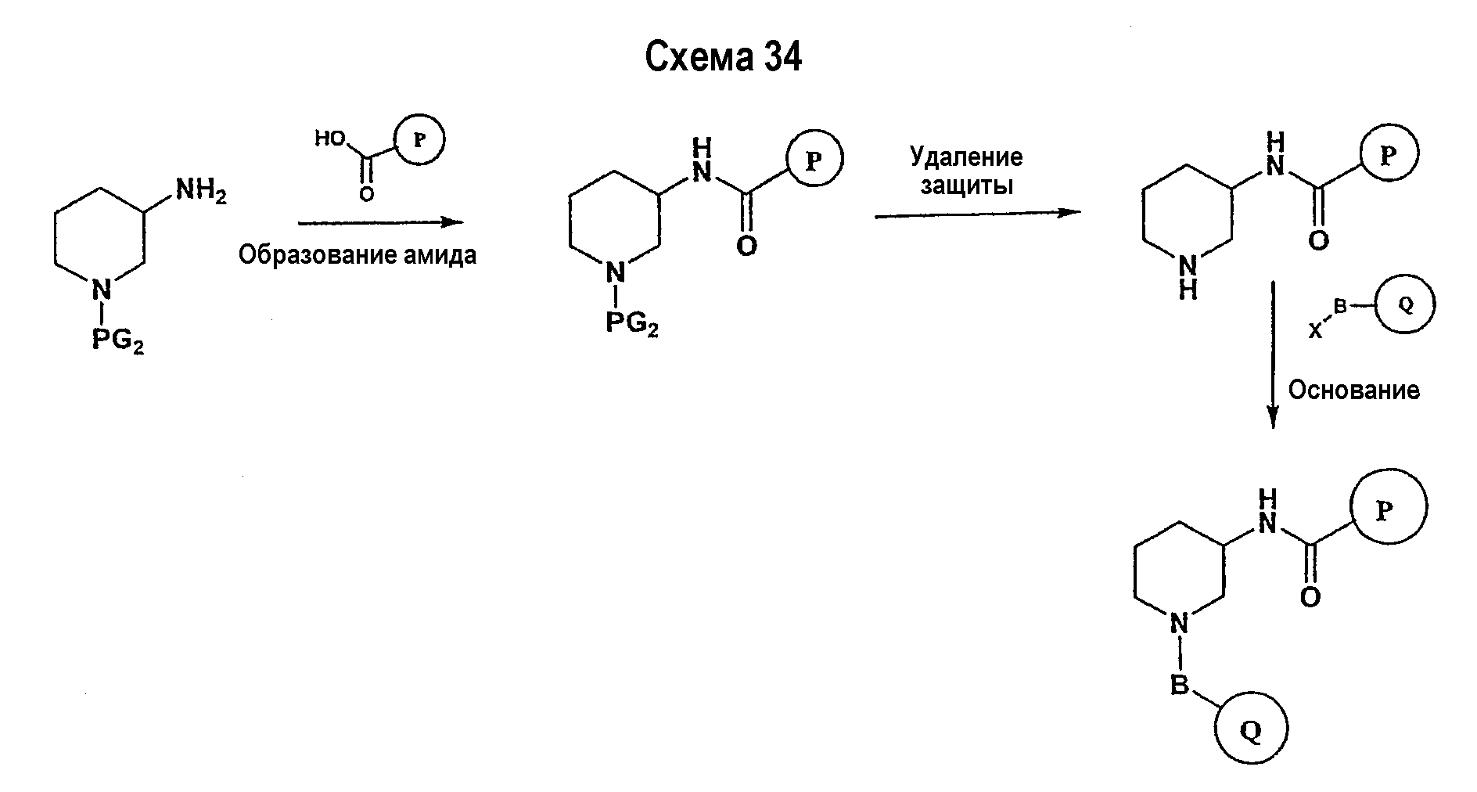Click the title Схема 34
[724, 57]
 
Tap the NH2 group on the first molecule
[201, 190]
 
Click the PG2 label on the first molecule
[118, 341]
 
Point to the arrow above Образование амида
[381, 222]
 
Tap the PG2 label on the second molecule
[632, 323]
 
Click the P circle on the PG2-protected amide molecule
[814, 159]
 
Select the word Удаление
[966, 157]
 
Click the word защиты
[967, 185]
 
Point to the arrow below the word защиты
[978, 214]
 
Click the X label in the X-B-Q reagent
[1316, 332]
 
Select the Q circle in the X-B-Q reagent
[1406, 305]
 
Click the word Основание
[1354, 390]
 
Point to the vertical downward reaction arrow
[1272, 355]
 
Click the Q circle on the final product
[1252, 731]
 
